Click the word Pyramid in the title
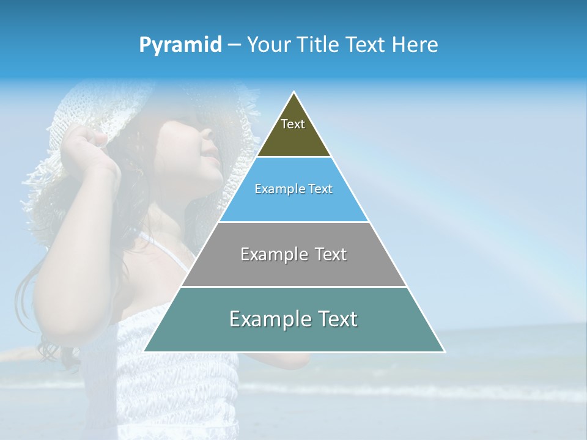click(180, 45)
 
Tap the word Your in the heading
click(270, 45)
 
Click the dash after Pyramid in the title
click(234, 45)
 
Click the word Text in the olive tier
click(293, 124)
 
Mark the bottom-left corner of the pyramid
click(144, 351)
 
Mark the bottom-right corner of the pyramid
click(445, 351)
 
